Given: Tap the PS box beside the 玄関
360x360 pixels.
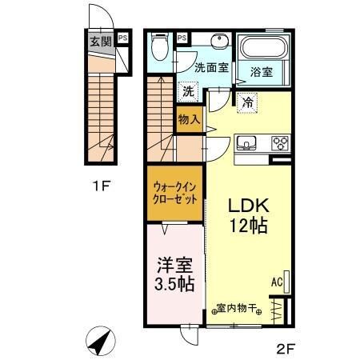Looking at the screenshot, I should coord(122,37).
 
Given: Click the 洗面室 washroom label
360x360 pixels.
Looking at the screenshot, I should coord(211,68).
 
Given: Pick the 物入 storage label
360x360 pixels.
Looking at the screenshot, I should coord(190,120).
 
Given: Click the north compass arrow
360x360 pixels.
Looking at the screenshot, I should coord(102,342).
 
